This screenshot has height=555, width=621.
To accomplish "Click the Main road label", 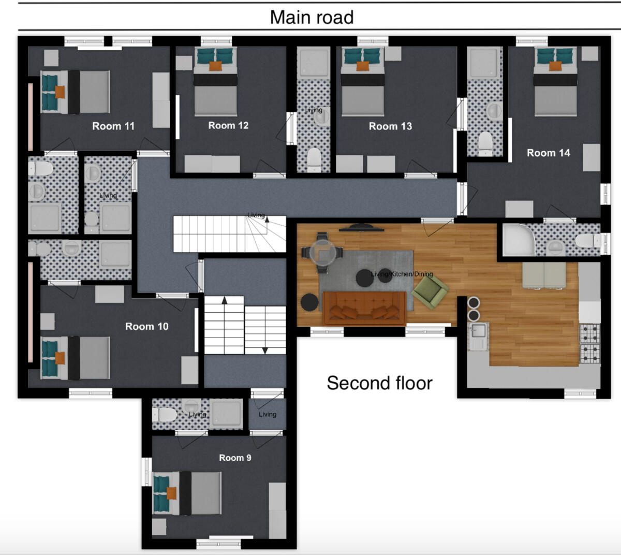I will pyautogui.click(x=312, y=17).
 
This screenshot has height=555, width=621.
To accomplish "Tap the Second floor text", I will pyautogui.click(x=379, y=383).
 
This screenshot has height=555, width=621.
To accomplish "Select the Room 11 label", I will pyautogui.click(x=113, y=126).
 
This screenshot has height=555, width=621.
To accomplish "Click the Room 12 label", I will pyautogui.click(x=228, y=125).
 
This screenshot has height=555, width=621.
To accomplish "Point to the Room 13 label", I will pyautogui.click(x=390, y=126).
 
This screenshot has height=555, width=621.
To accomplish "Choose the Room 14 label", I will pyautogui.click(x=548, y=153).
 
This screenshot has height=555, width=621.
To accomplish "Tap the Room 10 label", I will pyautogui.click(x=146, y=326).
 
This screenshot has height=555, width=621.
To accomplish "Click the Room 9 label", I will pyautogui.click(x=235, y=458).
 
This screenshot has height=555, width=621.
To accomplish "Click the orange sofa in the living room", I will pyautogui.click(x=364, y=308).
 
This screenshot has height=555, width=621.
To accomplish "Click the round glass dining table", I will pyautogui.click(x=322, y=252).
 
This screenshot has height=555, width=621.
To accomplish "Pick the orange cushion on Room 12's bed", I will pyautogui.click(x=215, y=66).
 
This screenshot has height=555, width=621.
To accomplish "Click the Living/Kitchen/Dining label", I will pyautogui.click(x=402, y=274).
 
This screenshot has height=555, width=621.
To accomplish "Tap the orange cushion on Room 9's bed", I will pyautogui.click(x=171, y=493).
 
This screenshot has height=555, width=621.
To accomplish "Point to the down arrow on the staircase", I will pyautogui.click(x=265, y=350).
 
